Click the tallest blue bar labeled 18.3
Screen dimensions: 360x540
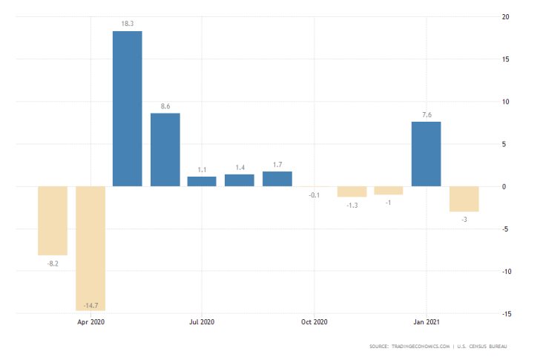click(x=127, y=108)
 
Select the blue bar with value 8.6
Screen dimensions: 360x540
click(x=165, y=149)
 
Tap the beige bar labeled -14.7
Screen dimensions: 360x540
click(x=90, y=248)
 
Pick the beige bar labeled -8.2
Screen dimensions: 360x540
click(x=53, y=220)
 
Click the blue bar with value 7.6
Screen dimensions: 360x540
click(x=426, y=154)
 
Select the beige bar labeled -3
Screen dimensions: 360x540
click(x=464, y=199)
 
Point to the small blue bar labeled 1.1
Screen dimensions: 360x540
click(x=202, y=181)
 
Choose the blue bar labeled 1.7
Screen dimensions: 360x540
click(x=277, y=179)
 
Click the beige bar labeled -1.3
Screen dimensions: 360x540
click(x=352, y=192)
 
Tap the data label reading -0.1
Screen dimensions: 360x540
click(x=314, y=195)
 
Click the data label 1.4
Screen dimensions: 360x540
click(x=239, y=168)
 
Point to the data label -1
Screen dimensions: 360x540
click(x=388, y=203)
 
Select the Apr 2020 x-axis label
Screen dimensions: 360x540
click(x=90, y=322)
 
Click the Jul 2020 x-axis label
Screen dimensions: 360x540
click(x=202, y=322)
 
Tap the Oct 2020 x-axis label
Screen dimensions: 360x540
click(x=314, y=322)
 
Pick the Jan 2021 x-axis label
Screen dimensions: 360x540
click(x=426, y=322)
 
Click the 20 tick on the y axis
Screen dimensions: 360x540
click(x=505, y=16)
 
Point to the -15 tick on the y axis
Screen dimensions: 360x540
click(x=506, y=313)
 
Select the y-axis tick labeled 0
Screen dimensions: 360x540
click(x=504, y=186)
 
